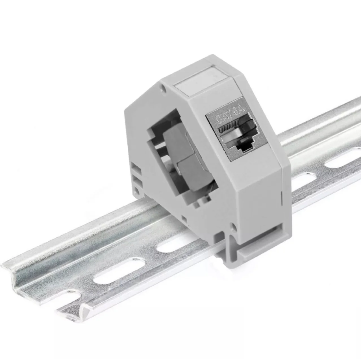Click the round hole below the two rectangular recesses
click(137, 189)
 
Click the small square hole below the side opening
click(184, 218)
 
